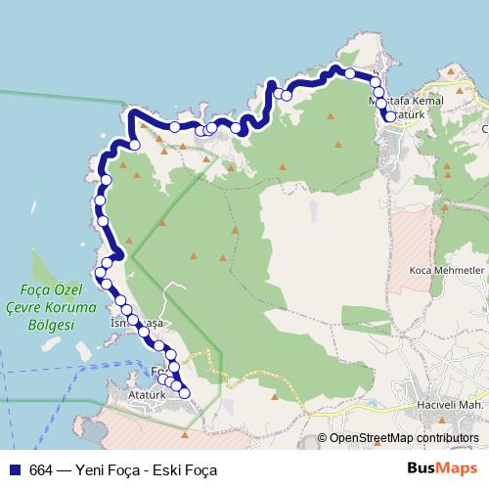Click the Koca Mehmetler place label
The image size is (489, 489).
point(447,269)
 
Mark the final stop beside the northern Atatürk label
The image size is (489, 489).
point(390,116)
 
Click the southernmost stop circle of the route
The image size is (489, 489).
point(183,392)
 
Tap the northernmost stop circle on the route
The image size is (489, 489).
point(349,72)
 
